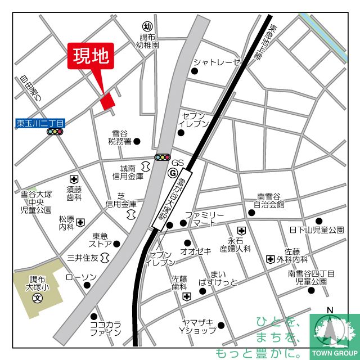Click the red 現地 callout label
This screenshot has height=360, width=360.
coord(92,57)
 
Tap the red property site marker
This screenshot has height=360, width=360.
coord(107,100)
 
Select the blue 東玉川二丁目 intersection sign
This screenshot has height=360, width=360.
coord(40,122)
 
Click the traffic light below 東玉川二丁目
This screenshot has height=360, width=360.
coord(55,132)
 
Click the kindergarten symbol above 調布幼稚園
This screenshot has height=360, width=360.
coord(148,26)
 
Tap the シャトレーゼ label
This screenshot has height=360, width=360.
coord(217,62)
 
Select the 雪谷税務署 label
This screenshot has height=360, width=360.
coord(120,138)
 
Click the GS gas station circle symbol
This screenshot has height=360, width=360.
coord(172,173)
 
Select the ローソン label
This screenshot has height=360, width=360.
coord(82,277)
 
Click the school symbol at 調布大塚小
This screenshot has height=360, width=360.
coord(37,297)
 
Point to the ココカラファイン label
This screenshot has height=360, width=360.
coord(105,328)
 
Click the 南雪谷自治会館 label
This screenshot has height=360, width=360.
coord(269,200)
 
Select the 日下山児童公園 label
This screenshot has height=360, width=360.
coord(317,230)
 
